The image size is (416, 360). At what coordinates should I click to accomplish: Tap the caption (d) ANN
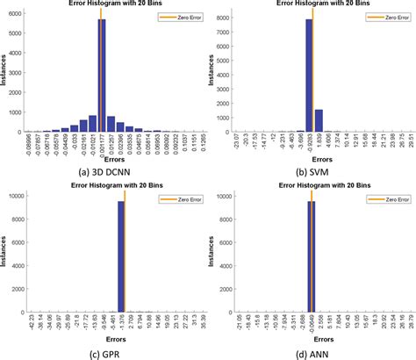point(315,353)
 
